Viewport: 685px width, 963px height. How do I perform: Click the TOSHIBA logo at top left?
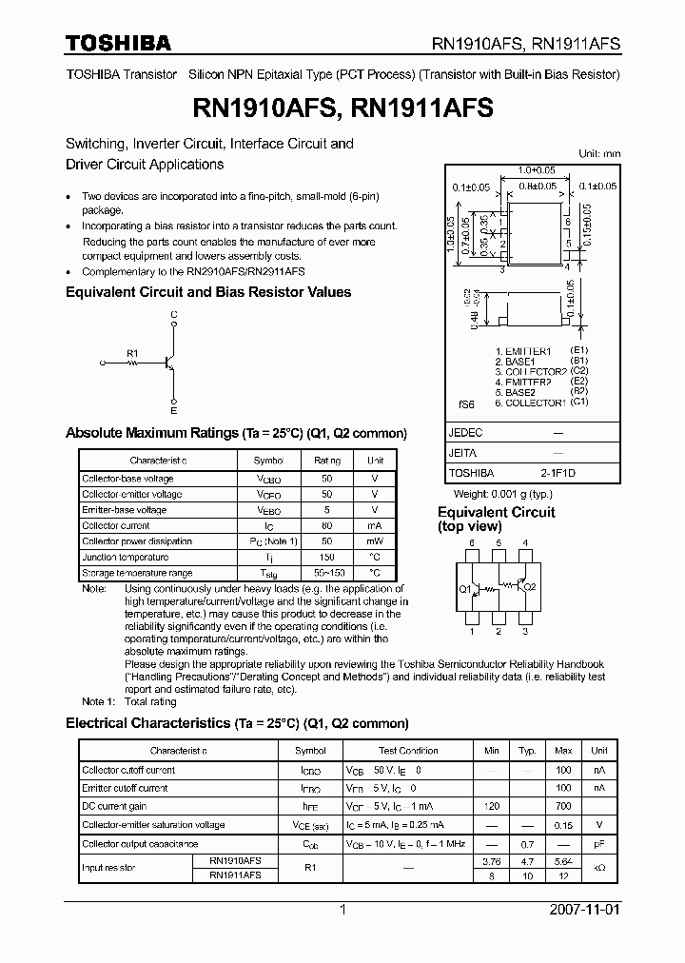pos(118,43)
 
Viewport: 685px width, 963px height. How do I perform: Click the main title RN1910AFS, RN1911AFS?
pos(342,108)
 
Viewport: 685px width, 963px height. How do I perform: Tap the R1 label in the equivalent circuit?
pos(132,352)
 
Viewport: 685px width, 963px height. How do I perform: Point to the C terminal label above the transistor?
pos(173,313)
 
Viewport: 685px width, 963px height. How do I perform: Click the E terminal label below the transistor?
pos(173,411)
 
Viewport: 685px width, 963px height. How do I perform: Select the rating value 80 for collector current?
pos(326,525)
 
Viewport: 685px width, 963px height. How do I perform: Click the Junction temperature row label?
pos(125,557)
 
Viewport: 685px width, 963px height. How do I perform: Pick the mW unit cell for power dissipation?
pos(374,541)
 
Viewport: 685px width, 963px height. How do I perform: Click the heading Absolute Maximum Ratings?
pos(151,433)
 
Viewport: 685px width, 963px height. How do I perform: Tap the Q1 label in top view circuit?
pos(465,589)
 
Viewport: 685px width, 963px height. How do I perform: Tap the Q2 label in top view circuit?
pos(530,589)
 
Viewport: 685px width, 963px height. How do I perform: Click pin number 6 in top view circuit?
pos(471,542)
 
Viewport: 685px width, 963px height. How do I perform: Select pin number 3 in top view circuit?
pos(524,631)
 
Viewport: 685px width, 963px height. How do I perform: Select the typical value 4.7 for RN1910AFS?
pos(527,859)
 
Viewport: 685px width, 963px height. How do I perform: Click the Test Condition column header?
pos(408,750)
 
